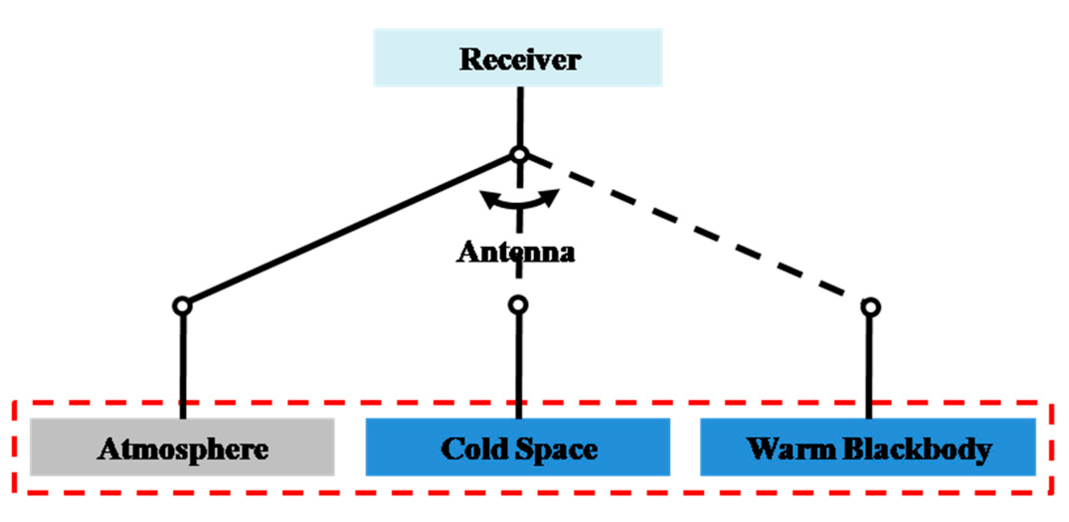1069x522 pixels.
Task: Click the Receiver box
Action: click(x=518, y=58)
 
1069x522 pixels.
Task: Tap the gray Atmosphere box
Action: click(x=182, y=447)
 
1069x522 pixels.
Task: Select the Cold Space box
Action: click(x=518, y=447)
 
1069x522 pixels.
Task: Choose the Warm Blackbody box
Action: click(x=868, y=447)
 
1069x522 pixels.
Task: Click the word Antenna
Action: click(x=516, y=252)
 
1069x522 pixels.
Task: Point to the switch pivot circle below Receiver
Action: click(x=519, y=155)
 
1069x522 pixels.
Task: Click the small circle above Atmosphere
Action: click(x=182, y=306)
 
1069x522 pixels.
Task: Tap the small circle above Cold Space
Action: click(x=518, y=305)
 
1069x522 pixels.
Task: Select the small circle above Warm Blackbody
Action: click(x=870, y=307)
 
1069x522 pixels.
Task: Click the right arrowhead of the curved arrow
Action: click(x=551, y=196)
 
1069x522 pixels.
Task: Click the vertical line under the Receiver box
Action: click(x=520, y=117)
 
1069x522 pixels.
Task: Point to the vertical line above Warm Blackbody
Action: click(x=869, y=365)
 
